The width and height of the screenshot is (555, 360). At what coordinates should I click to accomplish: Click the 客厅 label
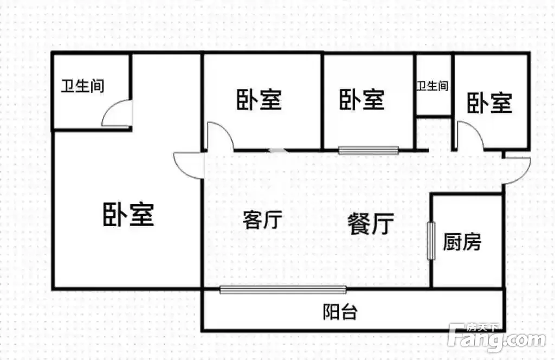tap(262, 220)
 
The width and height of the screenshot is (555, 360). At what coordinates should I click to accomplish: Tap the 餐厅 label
tap(371, 224)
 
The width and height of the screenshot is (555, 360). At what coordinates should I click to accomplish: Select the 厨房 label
tap(462, 242)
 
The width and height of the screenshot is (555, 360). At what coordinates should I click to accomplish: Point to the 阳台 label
tap(340, 312)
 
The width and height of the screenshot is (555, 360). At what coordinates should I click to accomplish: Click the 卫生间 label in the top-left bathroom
tap(82, 86)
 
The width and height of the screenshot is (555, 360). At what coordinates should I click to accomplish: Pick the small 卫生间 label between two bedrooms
tap(432, 86)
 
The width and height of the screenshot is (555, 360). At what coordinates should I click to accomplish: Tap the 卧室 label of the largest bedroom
tap(128, 215)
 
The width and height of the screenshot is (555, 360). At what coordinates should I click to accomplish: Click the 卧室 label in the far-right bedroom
tap(489, 103)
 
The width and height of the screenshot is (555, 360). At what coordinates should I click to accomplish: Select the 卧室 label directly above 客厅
tap(259, 100)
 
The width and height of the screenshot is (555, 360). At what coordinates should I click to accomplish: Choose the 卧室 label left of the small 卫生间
tap(362, 99)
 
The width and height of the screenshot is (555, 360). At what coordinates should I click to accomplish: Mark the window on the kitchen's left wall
tap(431, 241)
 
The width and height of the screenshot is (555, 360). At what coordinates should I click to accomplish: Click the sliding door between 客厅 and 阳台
tap(283, 290)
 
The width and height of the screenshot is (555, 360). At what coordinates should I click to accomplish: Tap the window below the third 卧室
tap(369, 150)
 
